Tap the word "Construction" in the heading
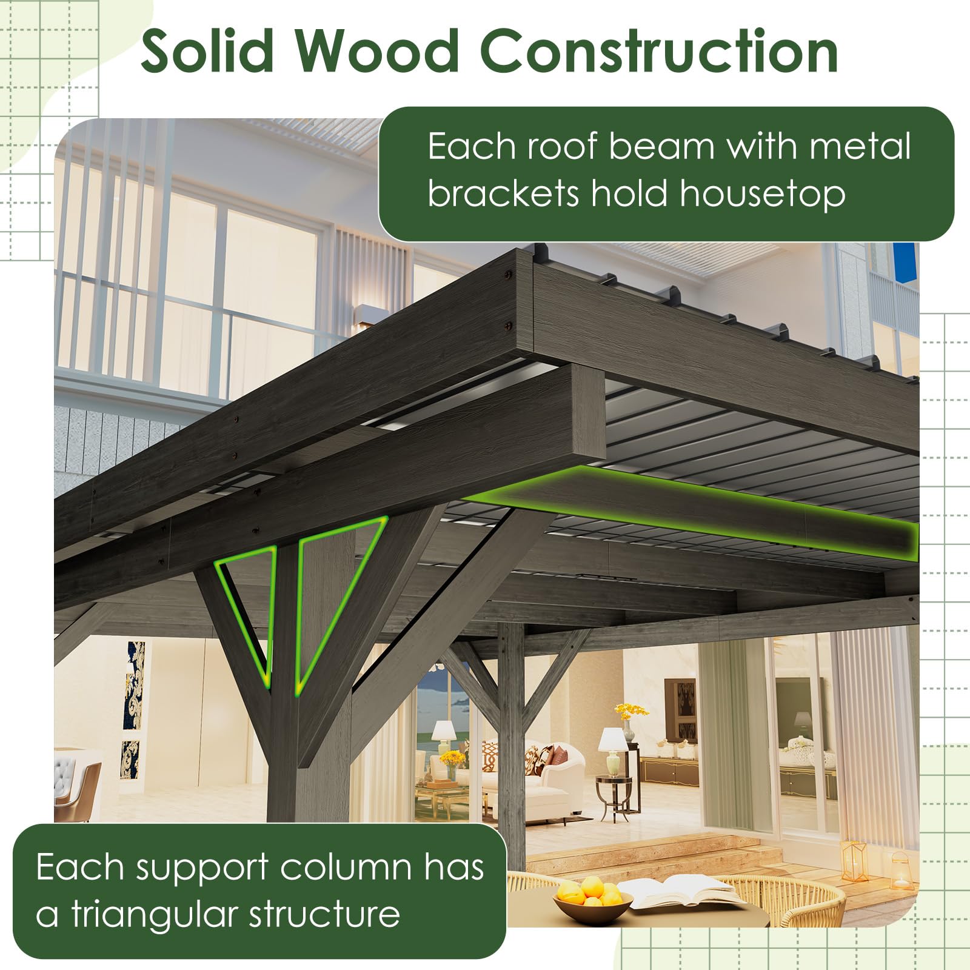(x=659, y=52)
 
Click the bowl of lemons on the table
(x=583, y=898)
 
